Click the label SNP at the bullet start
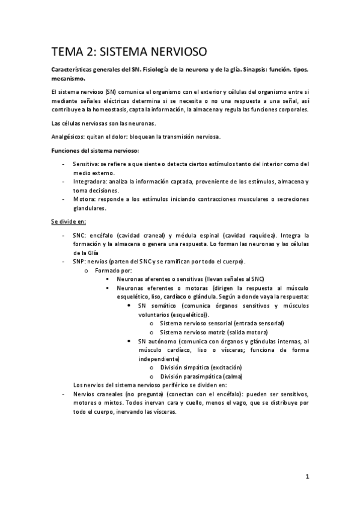[x=79, y=262]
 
